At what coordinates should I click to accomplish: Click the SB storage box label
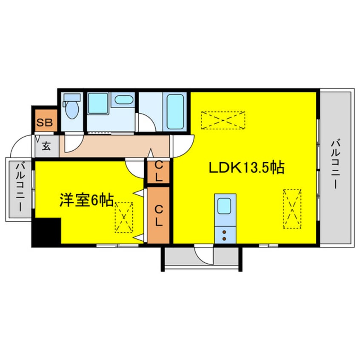[44, 123]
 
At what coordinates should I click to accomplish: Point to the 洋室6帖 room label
[86, 200]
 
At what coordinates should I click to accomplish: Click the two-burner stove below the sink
[225, 234]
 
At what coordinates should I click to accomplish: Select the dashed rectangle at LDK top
[223, 120]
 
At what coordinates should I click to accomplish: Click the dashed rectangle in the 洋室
[124, 217]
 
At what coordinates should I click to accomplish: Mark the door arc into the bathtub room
[146, 123]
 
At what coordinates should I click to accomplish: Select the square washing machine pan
[98, 104]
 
